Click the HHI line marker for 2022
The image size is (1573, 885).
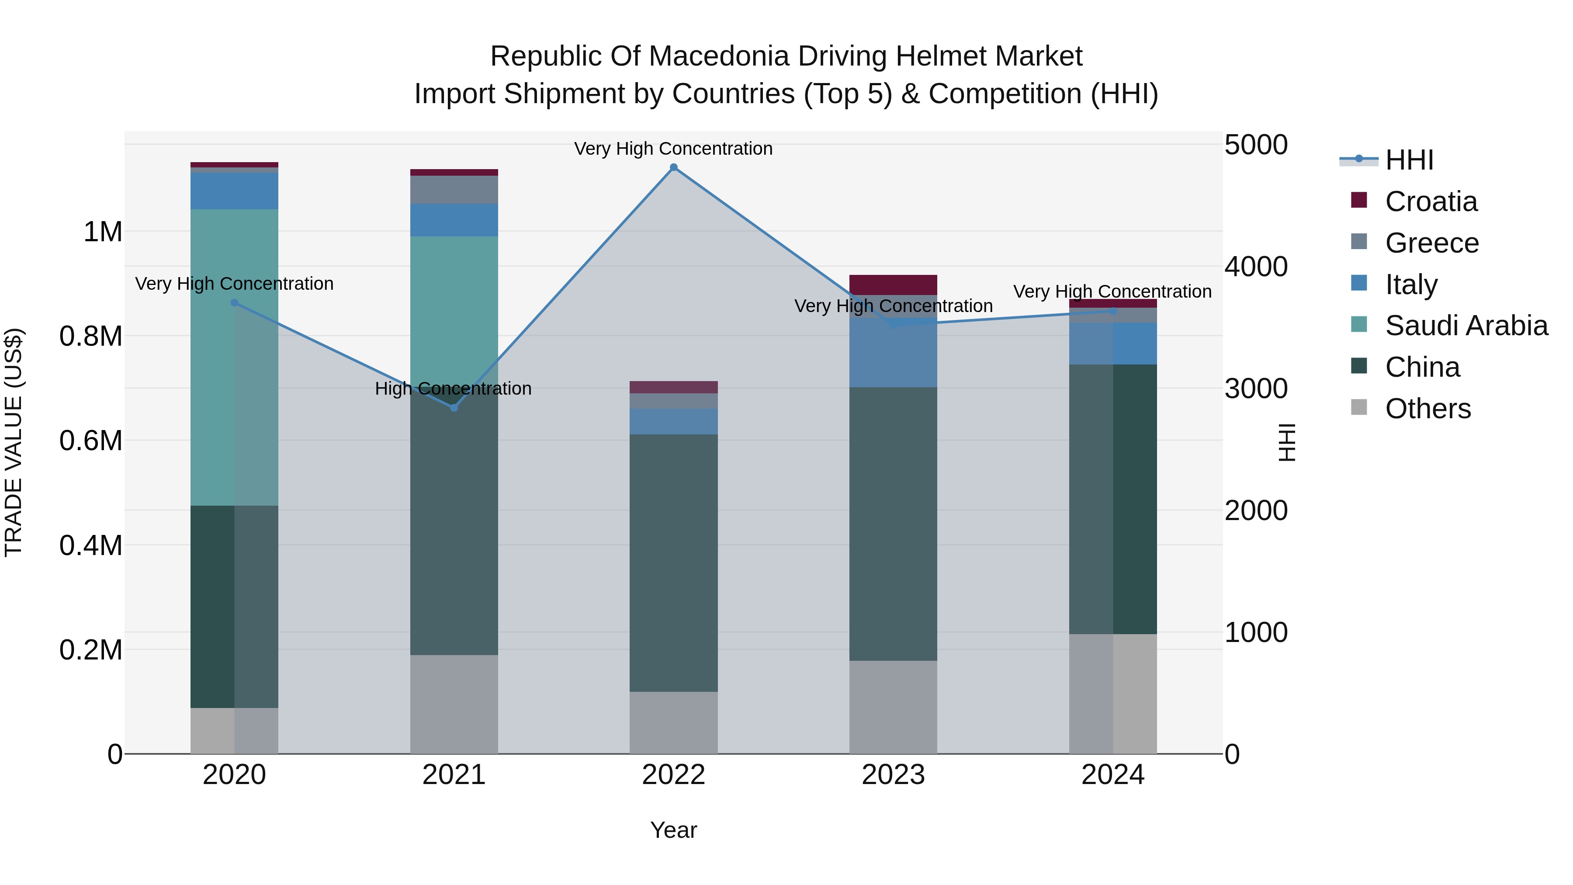(673, 167)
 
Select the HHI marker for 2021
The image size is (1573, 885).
(454, 407)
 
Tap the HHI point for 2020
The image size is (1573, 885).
(235, 303)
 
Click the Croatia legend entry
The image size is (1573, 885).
(1431, 201)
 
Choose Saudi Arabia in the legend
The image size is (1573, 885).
(1466, 326)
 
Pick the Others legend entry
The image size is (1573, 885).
(1427, 409)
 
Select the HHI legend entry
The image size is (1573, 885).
(1409, 160)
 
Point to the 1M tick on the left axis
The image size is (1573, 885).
(103, 232)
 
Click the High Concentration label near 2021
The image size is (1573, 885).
(453, 389)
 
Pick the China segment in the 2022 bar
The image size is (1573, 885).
(673, 562)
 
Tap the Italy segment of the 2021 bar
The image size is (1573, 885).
(454, 220)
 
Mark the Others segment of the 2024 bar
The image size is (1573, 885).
(1112, 693)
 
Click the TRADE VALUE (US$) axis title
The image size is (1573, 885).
(14, 442)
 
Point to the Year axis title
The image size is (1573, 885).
(673, 830)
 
